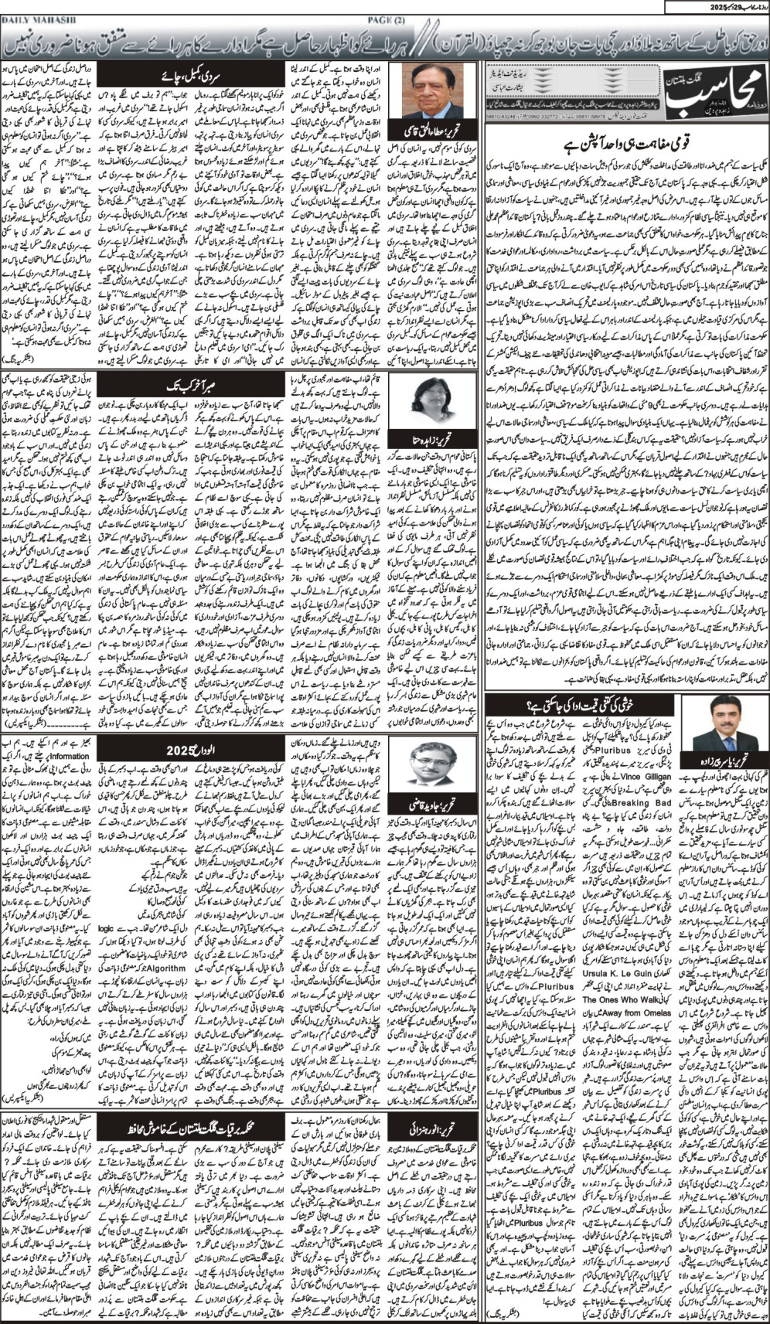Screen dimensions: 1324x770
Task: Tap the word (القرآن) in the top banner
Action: [463, 39]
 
